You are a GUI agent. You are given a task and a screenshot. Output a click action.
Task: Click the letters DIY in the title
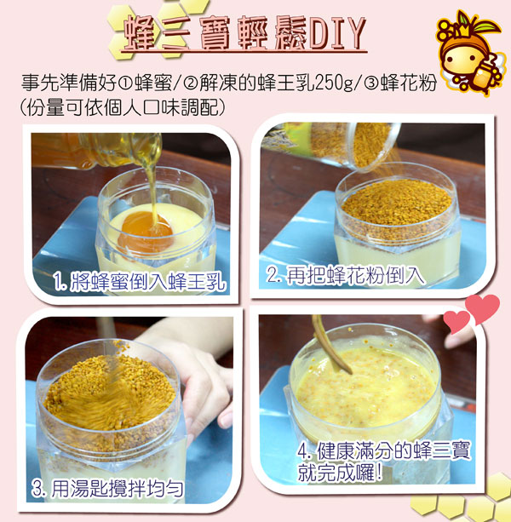pos(337,33)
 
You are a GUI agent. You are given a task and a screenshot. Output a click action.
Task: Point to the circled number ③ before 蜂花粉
pos(370,83)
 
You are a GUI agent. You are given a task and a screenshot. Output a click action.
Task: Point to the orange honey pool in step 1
pos(146,230)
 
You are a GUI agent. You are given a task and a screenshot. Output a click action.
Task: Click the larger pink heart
pos(482,308)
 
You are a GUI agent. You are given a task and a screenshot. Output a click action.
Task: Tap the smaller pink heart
pos(456,321)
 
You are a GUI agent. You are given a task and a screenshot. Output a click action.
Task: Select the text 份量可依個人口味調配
pos(123,107)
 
